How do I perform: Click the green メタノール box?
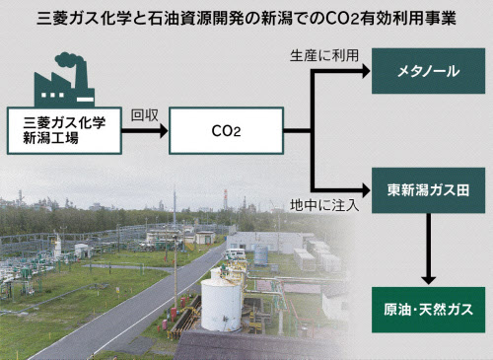coord(422,71)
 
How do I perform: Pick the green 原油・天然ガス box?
coord(422,310)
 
